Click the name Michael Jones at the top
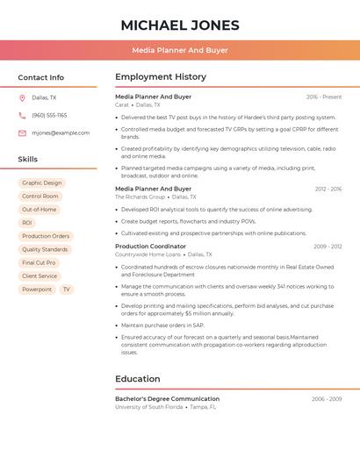click(x=179, y=25)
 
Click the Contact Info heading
click(x=41, y=77)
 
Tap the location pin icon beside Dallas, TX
click(x=22, y=98)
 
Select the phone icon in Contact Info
click(x=22, y=115)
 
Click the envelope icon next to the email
click(x=22, y=133)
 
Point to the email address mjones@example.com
click(x=61, y=133)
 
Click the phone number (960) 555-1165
click(x=49, y=115)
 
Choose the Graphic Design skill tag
click(x=42, y=183)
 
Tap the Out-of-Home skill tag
click(x=40, y=210)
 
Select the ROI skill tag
click(x=26, y=223)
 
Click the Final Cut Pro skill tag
click(x=39, y=262)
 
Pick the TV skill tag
click(x=66, y=289)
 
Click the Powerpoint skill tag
click(x=37, y=289)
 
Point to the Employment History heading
click(x=161, y=77)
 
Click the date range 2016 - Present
click(x=324, y=97)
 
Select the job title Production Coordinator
click(x=150, y=247)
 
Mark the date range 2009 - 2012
click(x=328, y=247)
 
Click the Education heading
click(x=138, y=379)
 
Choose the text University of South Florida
click(x=149, y=407)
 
